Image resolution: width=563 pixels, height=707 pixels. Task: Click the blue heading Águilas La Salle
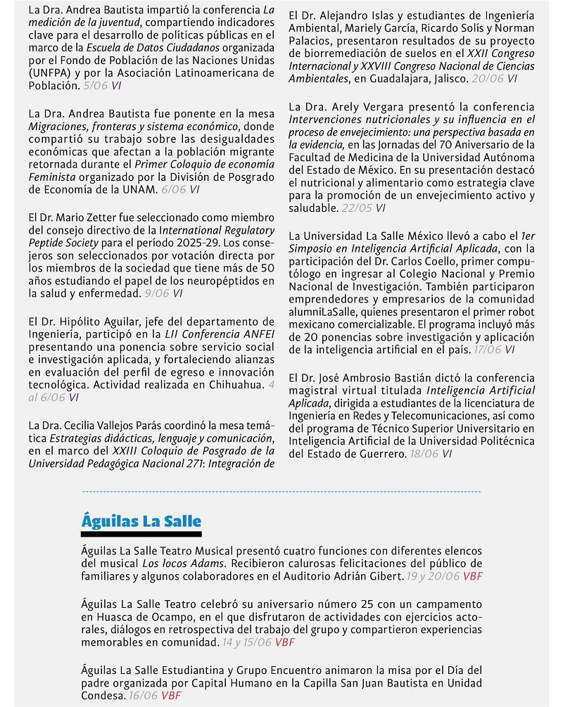(141, 521)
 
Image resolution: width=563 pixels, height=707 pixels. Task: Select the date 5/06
(96, 86)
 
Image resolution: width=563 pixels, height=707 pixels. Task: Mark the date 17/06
(487, 349)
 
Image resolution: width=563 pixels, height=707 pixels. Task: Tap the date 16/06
(142, 696)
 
